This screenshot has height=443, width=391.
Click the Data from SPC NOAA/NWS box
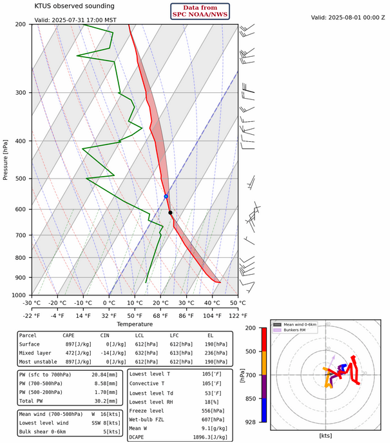[200, 11]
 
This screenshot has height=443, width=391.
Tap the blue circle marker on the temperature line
[166, 196]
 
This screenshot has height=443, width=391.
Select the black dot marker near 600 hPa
[170, 212]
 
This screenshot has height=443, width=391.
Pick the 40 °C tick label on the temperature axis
[212, 302]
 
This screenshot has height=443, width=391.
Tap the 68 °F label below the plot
[162, 315]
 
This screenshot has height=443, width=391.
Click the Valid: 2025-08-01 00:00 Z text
[347, 17]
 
